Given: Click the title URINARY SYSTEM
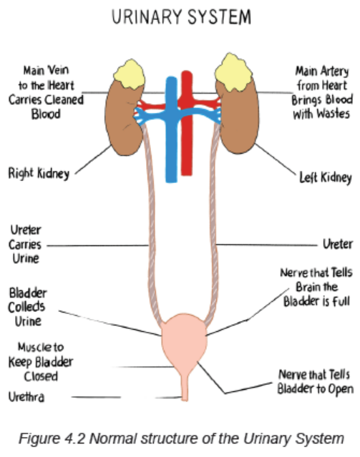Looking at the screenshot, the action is click(x=181, y=16).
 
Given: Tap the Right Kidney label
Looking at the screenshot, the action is click(x=39, y=173).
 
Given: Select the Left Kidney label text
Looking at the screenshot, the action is click(x=325, y=177).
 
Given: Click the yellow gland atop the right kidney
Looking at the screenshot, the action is click(x=130, y=74).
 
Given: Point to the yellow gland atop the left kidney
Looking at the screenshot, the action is click(x=233, y=72).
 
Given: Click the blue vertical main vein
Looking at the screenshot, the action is click(x=171, y=129).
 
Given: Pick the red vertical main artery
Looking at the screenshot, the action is click(x=186, y=123).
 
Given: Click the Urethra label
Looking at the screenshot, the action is click(x=26, y=397).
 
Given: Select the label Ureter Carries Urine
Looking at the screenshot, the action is click(x=25, y=245).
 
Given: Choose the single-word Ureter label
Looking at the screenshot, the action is click(x=338, y=244).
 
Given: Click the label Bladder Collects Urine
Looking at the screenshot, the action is click(x=27, y=307).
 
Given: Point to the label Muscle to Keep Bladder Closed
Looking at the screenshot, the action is click(x=41, y=362).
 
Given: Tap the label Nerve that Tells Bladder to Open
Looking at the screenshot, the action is click(x=315, y=382).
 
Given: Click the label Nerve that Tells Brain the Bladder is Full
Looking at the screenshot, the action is click(x=316, y=287).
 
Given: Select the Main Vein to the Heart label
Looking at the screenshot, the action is click(x=46, y=92).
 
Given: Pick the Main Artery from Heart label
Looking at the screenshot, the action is click(x=322, y=92).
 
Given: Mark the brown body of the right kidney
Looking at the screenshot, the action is click(x=122, y=119).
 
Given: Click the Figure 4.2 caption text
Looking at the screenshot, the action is click(x=182, y=438).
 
